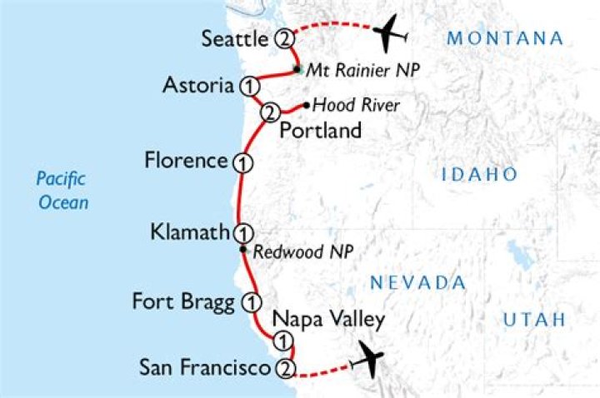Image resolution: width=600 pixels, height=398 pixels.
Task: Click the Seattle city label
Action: (x=235, y=38)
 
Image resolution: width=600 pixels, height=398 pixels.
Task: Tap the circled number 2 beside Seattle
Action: (x=285, y=38)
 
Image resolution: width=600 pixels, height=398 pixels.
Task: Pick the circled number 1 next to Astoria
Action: (x=247, y=85)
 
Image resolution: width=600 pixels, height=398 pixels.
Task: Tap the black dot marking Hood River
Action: (x=307, y=106)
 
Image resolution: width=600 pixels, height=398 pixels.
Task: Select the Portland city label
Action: (x=321, y=131)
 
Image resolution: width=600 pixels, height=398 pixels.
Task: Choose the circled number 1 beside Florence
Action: (x=242, y=162)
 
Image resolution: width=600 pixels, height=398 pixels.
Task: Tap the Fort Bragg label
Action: (x=183, y=301)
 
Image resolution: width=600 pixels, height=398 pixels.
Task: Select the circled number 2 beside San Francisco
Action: (x=285, y=368)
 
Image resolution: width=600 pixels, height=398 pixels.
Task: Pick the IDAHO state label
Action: (x=479, y=174)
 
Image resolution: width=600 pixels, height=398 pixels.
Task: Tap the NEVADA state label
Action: (x=417, y=282)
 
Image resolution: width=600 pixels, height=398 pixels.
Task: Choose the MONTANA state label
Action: (x=505, y=38)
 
